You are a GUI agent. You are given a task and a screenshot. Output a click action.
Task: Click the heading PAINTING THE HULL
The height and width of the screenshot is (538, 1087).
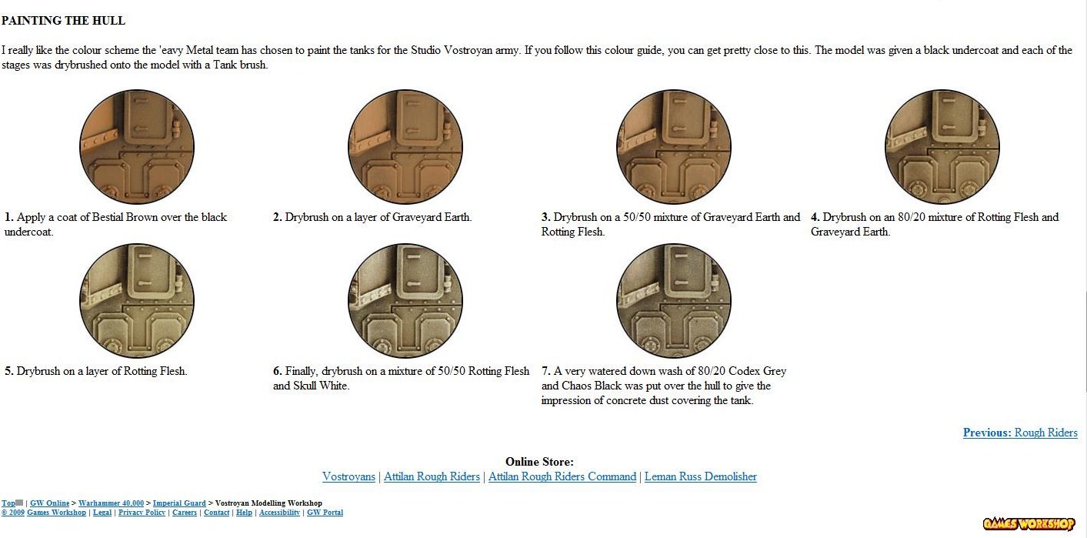point(63,21)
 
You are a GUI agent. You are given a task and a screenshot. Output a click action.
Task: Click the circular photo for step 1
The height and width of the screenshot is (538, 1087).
point(137,146)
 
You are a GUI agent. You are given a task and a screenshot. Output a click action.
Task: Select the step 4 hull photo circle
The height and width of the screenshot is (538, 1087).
point(942,146)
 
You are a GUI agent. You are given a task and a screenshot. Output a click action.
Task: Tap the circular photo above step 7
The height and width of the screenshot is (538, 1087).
point(673,301)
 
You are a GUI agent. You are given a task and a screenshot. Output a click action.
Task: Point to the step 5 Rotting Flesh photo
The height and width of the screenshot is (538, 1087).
point(137,301)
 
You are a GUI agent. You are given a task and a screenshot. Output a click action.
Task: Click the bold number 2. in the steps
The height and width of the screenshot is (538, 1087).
point(278,217)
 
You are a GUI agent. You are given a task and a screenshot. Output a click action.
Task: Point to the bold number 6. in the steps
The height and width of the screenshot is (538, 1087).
point(278,371)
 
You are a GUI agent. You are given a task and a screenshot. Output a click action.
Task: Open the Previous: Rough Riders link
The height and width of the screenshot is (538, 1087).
point(1020,433)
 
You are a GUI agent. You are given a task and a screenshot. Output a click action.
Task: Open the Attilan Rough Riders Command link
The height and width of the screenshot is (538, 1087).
point(562,476)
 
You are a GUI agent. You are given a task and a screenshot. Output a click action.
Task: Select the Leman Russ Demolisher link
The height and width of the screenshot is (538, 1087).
point(700,476)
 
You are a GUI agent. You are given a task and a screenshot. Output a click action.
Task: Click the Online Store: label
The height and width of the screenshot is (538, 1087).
point(539,462)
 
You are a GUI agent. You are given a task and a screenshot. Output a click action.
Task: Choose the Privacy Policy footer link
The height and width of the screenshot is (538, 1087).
point(142,513)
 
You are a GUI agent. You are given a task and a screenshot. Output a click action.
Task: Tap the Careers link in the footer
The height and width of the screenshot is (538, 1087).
point(185,513)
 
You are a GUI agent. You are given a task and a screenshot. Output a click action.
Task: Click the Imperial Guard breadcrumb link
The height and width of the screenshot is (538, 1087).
point(179,503)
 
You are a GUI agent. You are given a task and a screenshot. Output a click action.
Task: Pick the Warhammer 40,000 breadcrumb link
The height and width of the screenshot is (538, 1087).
point(111,503)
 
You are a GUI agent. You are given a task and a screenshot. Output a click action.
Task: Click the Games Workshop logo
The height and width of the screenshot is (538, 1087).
point(1029,524)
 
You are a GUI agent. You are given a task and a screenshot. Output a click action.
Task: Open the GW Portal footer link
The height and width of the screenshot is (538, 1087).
point(325,513)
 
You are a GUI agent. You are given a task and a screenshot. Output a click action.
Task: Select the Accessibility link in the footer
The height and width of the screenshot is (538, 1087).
point(279,513)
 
